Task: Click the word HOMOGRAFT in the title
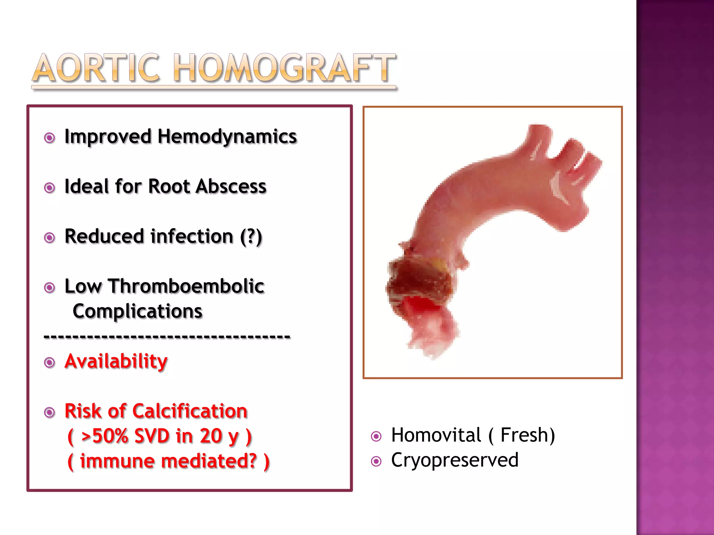point(284,68)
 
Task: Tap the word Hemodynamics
point(227,137)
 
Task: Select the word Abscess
point(231,186)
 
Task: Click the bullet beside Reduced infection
point(50,238)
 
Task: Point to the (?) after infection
point(251,237)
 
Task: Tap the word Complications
point(137,311)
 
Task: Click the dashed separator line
point(167,336)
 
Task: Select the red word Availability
point(116,361)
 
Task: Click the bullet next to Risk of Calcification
point(50,413)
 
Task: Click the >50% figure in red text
point(105,436)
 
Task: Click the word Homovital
point(436,435)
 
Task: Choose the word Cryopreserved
point(455,460)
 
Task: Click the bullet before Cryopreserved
point(376,462)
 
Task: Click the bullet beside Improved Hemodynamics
point(50,138)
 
